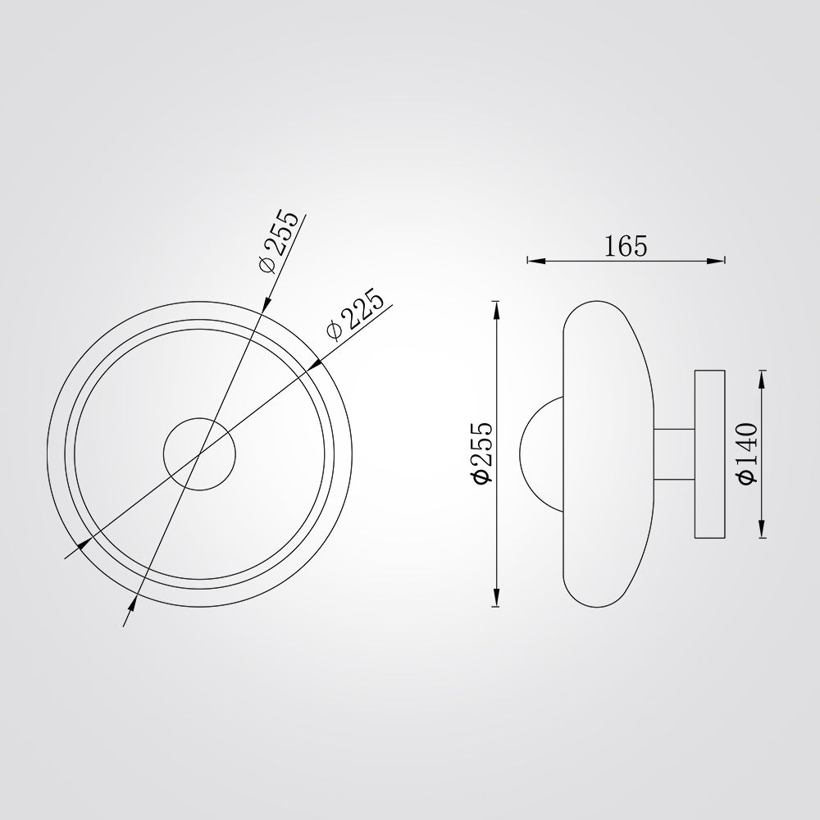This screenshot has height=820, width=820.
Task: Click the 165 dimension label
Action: tap(626, 246)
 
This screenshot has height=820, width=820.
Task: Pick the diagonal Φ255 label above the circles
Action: tap(279, 240)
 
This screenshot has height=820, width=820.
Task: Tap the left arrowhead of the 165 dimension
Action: tap(536, 261)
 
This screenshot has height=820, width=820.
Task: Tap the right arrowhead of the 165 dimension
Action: tap(716, 261)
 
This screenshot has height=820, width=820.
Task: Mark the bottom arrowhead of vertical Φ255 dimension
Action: tap(496, 597)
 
